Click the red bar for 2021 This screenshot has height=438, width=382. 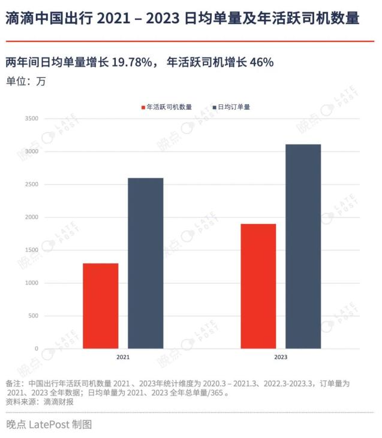101,306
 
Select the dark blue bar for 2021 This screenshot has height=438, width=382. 145,263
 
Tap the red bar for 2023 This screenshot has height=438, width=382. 258,286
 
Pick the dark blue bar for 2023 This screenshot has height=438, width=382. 303,246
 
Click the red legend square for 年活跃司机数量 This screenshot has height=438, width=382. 143,107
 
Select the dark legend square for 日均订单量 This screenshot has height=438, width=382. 215,107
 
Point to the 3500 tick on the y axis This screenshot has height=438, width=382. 32,119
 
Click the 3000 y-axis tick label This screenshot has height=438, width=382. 32,152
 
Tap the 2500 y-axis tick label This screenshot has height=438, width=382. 32,185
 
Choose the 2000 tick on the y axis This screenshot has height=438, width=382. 32,217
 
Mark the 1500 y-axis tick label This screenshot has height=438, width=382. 32,250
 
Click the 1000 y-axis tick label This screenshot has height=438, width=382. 32,283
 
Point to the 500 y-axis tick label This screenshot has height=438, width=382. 33,316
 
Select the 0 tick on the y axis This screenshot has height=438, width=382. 37,349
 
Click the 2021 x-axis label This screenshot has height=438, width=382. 123,357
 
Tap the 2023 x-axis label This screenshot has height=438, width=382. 281,357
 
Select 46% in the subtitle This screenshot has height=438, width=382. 261,62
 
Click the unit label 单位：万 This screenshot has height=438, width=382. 26,81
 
